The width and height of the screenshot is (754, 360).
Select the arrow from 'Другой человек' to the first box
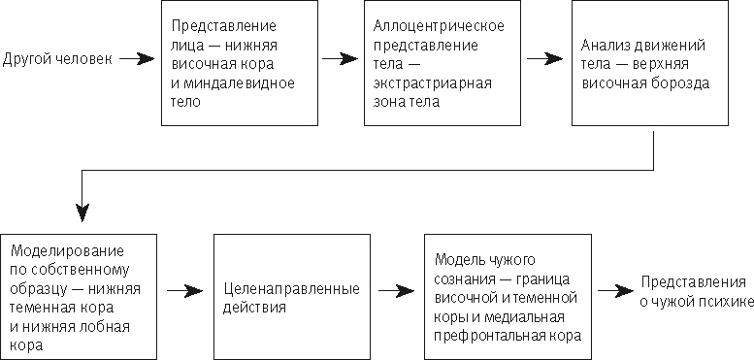tap(136, 60)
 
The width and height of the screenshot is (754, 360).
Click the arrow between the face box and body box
tap(340, 60)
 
